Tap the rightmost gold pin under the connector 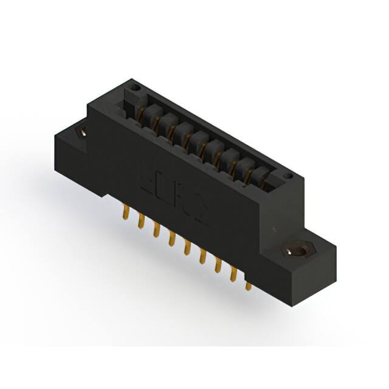point(248,285)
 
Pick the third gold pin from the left point(157,230)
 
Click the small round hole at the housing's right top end point(288,177)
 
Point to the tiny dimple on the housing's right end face point(275,230)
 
